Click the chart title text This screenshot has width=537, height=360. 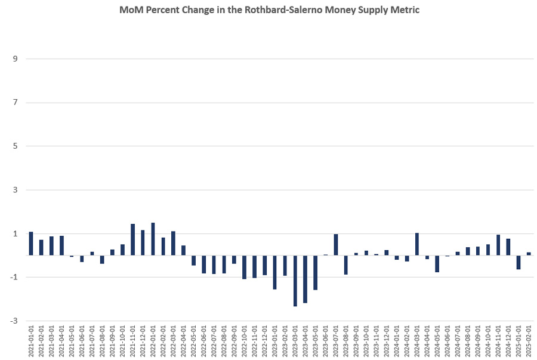tap(274, 11)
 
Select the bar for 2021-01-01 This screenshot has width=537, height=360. tap(31, 244)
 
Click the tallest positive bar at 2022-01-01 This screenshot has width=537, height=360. tap(153, 239)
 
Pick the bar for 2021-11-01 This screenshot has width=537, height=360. tap(132, 239)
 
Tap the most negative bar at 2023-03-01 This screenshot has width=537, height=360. tap(295, 281)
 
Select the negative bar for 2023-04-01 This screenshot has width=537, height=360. tap(305, 279)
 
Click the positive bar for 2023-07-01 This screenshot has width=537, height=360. tap(336, 245)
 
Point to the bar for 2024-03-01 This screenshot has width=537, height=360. tap(417, 244)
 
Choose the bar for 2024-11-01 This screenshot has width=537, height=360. tap(498, 245)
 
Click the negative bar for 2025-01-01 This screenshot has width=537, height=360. tap(519, 262)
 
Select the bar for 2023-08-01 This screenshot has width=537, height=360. tap(346, 264)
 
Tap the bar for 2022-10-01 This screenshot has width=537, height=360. tap(244, 267)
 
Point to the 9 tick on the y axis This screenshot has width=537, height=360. tap(16, 59)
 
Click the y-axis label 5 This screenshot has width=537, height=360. tap(16, 146)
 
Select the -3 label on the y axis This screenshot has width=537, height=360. tap(14, 321)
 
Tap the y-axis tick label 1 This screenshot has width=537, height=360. tap(16, 233)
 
